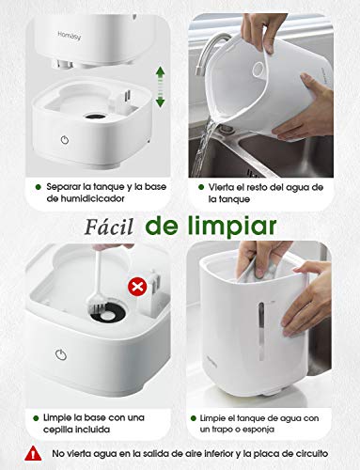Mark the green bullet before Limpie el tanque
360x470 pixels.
click(196, 416)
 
